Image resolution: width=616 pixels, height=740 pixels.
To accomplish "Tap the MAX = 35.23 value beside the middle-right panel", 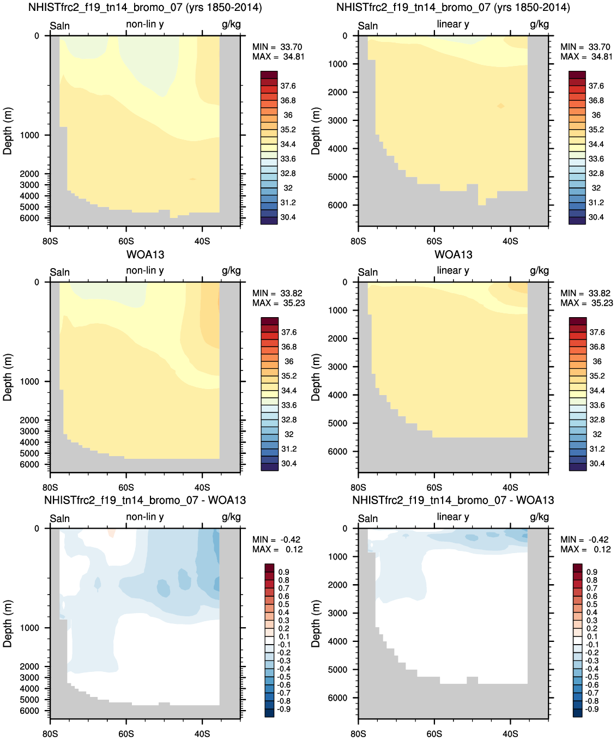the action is click(x=586, y=303).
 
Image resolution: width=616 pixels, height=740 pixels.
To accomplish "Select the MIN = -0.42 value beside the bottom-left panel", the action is click(x=276, y=539).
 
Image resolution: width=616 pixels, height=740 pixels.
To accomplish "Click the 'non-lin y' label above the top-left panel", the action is click(x=144, y=24).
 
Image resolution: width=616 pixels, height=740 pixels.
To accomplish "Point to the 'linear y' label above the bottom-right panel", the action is click(x=453, y=517).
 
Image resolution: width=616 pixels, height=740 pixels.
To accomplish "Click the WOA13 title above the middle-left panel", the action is click(x=145, y=254).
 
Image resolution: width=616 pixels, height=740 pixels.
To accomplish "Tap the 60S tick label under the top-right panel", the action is click(x=434, y=241).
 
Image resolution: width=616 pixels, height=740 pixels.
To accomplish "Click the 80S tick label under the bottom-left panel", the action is click(x=50, y=733).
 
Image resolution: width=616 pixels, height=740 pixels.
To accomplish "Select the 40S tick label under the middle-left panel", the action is click(x=202, y=487).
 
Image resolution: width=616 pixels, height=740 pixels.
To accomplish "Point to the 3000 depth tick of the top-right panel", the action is click(x=337, y=120).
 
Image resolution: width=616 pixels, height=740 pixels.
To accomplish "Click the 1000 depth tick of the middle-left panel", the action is click(x=29, y=381).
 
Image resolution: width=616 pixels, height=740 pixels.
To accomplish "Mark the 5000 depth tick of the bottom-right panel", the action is click(x=337, y=670).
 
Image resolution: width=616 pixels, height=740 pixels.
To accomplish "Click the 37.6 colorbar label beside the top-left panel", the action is click(x=288, y=86).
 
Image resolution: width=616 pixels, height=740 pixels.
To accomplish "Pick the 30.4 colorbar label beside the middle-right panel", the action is click(x=597, y=463).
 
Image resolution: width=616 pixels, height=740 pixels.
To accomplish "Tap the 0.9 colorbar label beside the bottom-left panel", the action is click(x=283, y=572).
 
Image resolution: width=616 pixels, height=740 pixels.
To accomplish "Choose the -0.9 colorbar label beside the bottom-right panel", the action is click(x=591, y=709).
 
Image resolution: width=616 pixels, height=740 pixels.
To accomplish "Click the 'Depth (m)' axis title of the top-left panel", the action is click(x=7, y=131).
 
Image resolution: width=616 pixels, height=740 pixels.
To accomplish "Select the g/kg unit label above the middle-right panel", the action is click(x=539, y=270).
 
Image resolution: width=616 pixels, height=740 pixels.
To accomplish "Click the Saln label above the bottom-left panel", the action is click(x=59, y=519).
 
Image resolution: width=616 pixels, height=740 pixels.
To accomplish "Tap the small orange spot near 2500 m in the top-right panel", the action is click(x=501, y=106).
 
